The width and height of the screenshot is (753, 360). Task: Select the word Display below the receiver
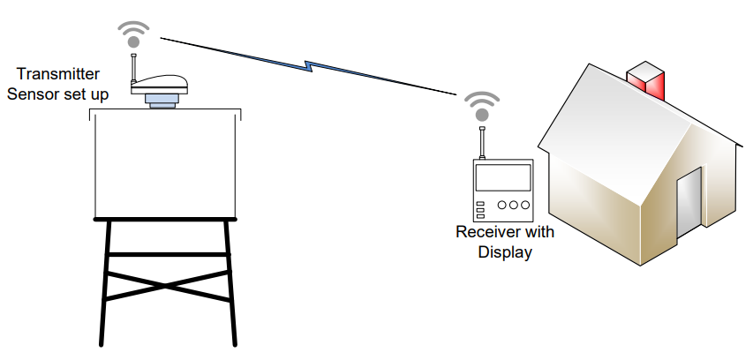coord(505,252)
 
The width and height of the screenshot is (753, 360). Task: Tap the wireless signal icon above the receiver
coord(482,107)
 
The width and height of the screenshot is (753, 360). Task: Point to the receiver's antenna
coord(482,142)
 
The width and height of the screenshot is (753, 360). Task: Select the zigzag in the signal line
coord(308,65)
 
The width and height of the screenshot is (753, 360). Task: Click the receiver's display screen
coord(503,179)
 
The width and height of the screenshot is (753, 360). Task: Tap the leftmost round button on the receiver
coord(501,206)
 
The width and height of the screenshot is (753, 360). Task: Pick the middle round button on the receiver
coord(513,206)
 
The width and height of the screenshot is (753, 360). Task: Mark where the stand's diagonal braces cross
coord(168,284)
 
